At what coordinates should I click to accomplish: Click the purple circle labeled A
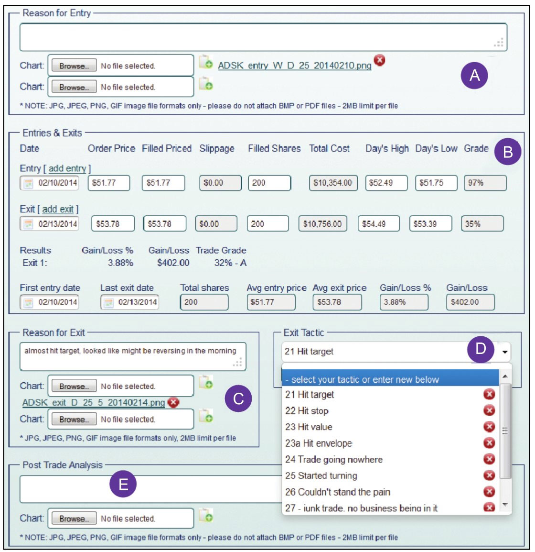pyautogui.click(x=474, y=75)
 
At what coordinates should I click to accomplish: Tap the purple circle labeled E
pyautogui.click(x=123, y=484)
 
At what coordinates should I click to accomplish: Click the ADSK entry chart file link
pyautogui.click(x=294, y=66)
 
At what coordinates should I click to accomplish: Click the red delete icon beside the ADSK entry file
pyautogui.click(x=379, y=60)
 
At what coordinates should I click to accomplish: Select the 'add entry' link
pyautogui.click(x=67, y=168)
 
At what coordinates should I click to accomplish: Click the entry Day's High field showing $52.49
pyautogui.click(x=386, y=183)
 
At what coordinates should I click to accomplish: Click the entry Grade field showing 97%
pyautogui.click(x=485, y=183)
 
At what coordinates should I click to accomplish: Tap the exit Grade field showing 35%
pyautogui.click(x=481, y=223)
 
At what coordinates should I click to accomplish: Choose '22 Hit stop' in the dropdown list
pyautogui.click(x=307, y=411)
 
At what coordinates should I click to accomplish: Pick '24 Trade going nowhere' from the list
pyautogui.click(x=334, y=460)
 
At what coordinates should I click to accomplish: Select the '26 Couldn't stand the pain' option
pyautogui.click(x=338, y=492)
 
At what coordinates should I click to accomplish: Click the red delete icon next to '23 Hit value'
pyautogui.click(x=489, y=427)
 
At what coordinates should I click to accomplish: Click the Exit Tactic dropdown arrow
pyautogui.click(x=505, y=353)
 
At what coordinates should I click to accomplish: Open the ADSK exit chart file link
pyautogui.click(x=94, y=402)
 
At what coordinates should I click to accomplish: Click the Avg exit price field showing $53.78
pyautogui.click(x=337, y=302)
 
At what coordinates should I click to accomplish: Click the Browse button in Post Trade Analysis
pyautogui.click(x=74, y=519)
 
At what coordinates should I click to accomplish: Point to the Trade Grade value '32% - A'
pyautogui.click(x=230, y=263)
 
